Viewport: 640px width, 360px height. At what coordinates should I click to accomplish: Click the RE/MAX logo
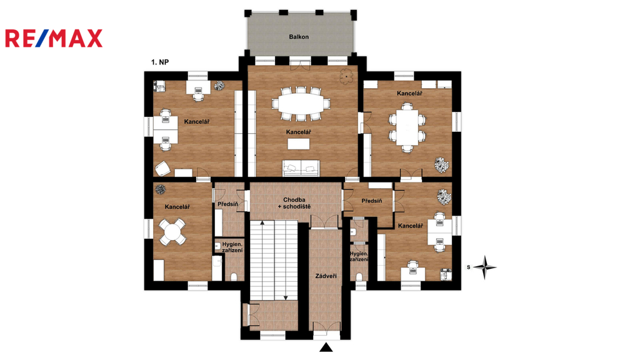point(54,38)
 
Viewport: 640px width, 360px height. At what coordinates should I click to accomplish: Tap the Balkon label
point(299,37)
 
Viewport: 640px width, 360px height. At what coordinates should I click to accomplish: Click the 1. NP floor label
point(159,62)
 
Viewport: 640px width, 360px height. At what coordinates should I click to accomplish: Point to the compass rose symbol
point(485,267)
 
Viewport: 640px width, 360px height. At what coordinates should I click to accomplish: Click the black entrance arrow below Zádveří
point(326,347)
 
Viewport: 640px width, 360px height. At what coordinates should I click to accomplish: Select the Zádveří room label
point(326,276)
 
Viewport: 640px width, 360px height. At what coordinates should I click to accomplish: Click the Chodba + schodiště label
point(294,203)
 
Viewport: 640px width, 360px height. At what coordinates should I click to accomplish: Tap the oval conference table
point(301,104)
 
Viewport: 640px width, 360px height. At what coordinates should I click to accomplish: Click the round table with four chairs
point(172,232)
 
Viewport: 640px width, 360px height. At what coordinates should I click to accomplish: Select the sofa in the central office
point(301,167)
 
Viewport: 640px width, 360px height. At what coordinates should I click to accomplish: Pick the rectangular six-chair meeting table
point(407,127)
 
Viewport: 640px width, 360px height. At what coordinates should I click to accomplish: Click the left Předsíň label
point(227,204)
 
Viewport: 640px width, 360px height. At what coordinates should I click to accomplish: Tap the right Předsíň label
point(372,201)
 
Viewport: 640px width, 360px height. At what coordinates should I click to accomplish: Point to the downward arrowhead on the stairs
point(286,298)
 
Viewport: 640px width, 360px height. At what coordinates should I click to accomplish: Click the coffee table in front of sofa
point(298,144)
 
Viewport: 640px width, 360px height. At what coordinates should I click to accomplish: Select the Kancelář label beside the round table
point(177,207)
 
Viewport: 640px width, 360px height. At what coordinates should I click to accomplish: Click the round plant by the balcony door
point(346,76)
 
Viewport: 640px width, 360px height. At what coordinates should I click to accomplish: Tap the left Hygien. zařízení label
point(232,247)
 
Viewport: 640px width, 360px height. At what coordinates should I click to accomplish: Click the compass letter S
point(469,267)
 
